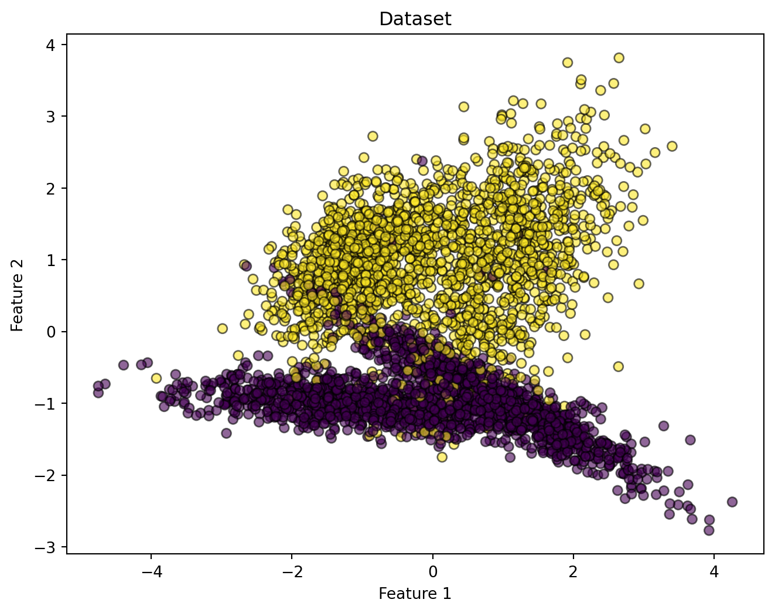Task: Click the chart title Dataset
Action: point(415,19)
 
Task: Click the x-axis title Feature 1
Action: point(415,594)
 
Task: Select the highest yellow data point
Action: point(619,57)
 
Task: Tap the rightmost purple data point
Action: point(732,502)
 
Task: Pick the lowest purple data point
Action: point(709,530)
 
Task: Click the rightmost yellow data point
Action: point(672,146)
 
